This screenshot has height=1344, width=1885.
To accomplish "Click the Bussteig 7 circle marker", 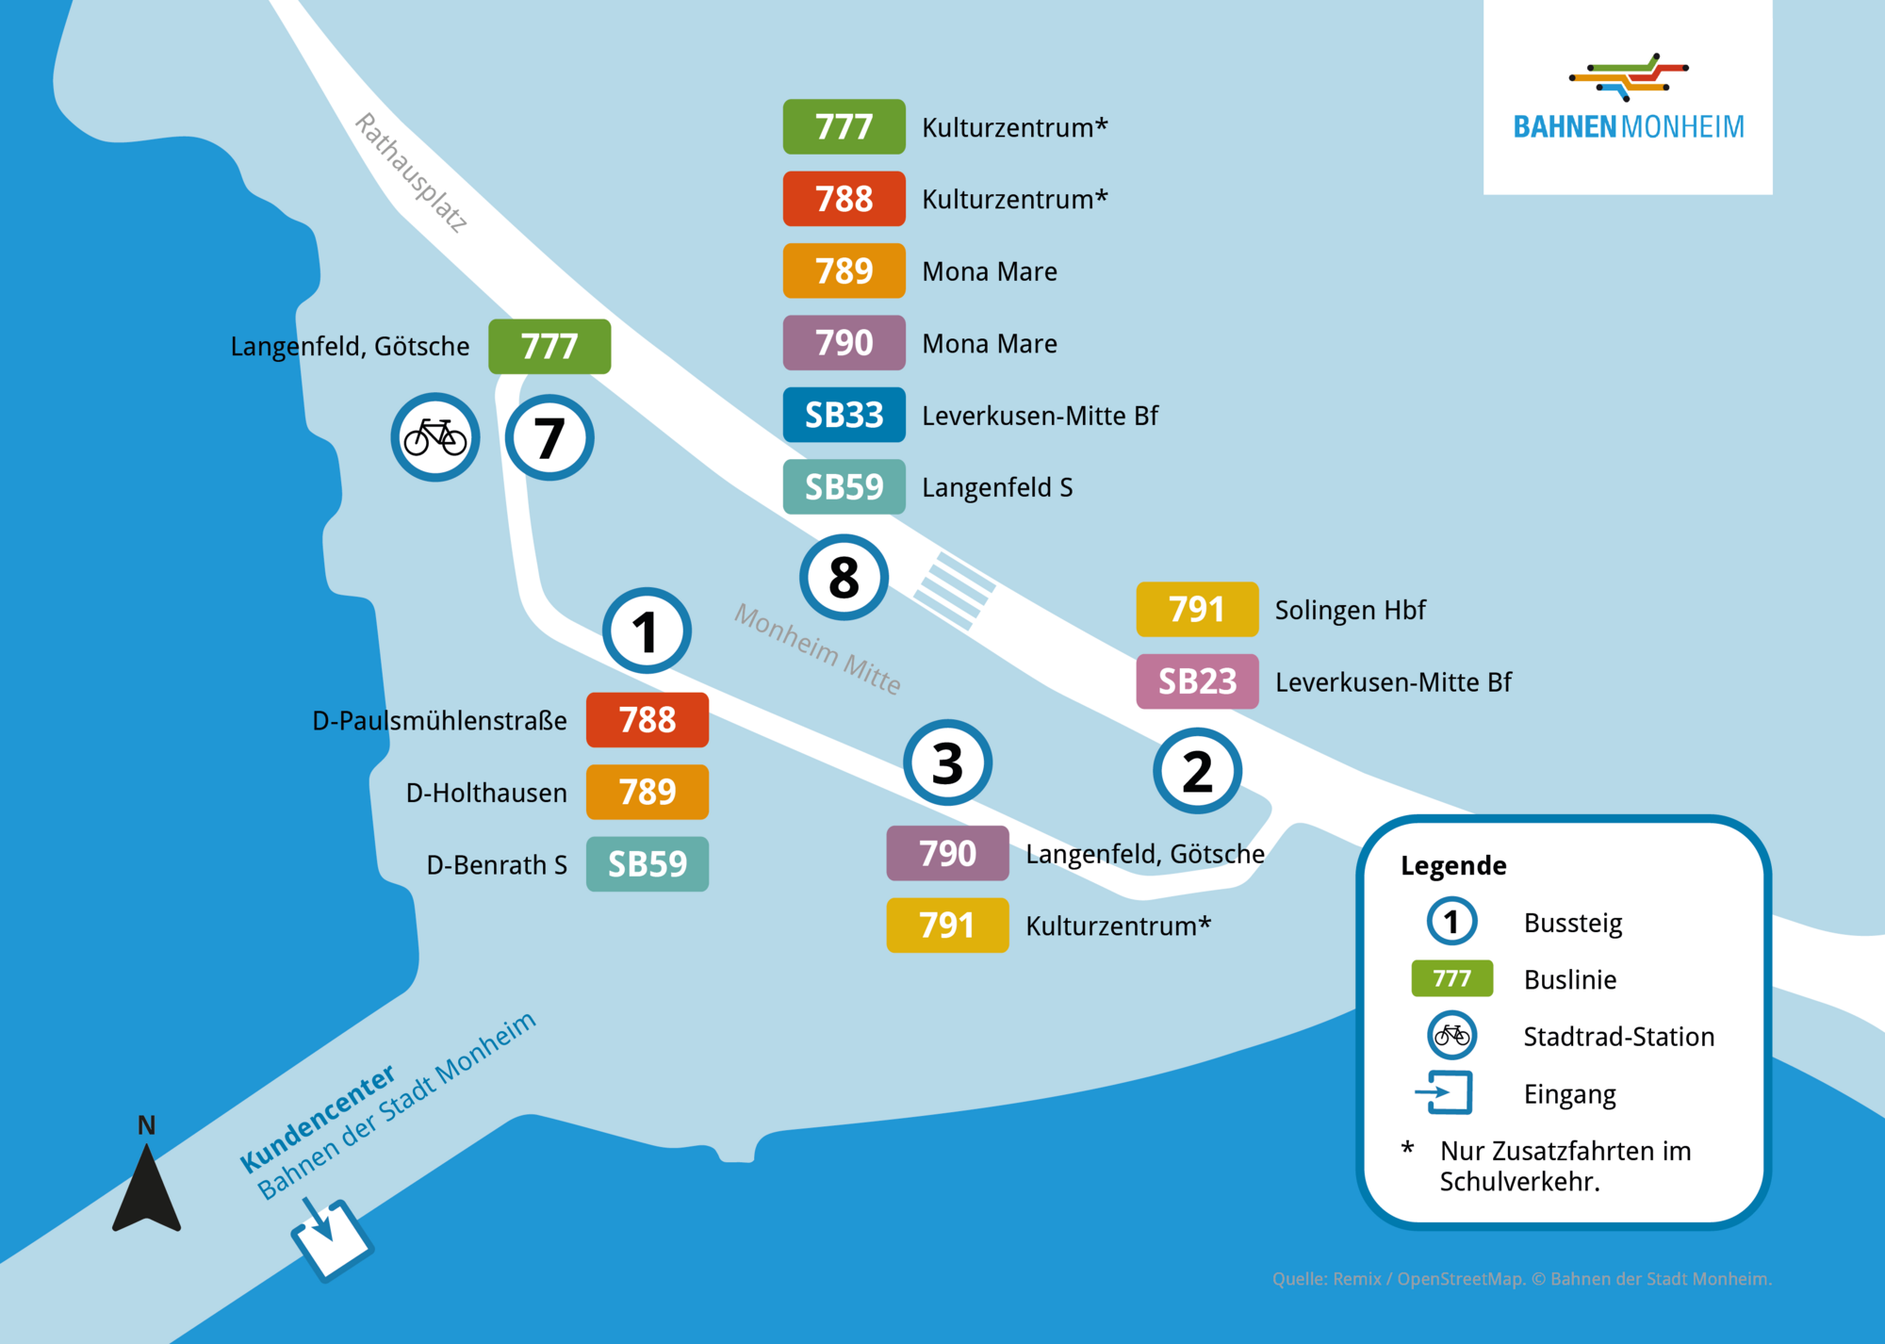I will click(x=549, y=438).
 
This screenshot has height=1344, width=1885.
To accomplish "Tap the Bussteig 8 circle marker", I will click(x=844, y=577).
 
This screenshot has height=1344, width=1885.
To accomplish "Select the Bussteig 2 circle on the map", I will click(x=1197, y=771).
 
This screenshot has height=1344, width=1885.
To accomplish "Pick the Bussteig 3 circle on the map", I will click(x=947, y=762).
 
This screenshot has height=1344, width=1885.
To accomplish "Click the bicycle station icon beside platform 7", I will click(x=435, y=437).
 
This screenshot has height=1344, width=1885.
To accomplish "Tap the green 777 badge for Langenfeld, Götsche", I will click(x=549, y=347).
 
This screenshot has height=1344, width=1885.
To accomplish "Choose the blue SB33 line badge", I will click(x=844, y=415).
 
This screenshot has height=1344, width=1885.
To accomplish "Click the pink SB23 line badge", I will click(x=1197, y=681).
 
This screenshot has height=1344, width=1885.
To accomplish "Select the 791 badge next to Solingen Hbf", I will click(x=1197, y=610).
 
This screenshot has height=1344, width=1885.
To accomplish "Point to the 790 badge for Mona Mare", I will click(x=844, y=343).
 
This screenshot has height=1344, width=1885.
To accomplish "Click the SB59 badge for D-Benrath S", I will click(x=647, y=864).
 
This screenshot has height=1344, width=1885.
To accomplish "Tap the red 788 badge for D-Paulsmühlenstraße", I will click(x=647, y=720).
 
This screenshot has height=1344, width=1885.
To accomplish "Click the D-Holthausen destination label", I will click(x=486, y=793).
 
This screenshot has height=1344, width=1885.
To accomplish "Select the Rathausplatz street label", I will click(x=411, y=172).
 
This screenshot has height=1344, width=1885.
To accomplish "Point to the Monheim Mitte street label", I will click(x=817, y=648).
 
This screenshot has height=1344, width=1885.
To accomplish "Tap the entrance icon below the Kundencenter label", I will click(x=330, y=1237).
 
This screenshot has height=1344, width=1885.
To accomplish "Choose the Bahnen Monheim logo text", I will click(x=1628, y=126).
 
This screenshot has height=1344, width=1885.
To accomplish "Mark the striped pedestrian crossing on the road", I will click(x=954, y=590).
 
